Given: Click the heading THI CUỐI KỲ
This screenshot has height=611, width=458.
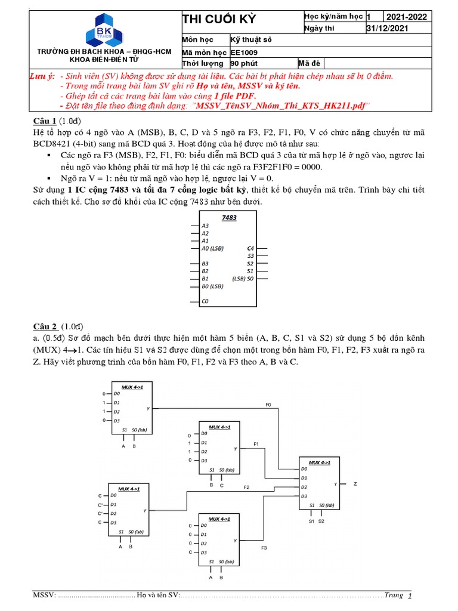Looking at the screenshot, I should click(219, 20).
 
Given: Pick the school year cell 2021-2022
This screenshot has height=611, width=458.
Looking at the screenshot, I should click(407, 17).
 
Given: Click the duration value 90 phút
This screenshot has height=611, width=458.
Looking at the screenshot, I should click(245, 63).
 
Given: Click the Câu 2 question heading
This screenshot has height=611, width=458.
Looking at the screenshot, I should click(45, 326).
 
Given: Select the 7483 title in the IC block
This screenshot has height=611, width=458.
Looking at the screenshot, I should click(229, 218).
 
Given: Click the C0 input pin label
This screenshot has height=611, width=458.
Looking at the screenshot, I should click(205, 301).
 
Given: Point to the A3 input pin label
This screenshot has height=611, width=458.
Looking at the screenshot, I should click(205, 226).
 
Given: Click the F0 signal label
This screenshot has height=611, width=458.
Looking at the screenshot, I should click(268, 405).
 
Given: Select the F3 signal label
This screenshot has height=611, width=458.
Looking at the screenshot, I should click(264, 548).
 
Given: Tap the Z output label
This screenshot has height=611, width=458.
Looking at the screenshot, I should click(355, 484).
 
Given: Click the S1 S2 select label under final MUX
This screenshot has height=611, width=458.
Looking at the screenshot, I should click(316, 521).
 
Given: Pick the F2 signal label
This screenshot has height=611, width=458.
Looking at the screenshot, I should click(246, 487).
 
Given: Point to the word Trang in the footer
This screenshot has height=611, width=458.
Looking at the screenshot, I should click(394, 595).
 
